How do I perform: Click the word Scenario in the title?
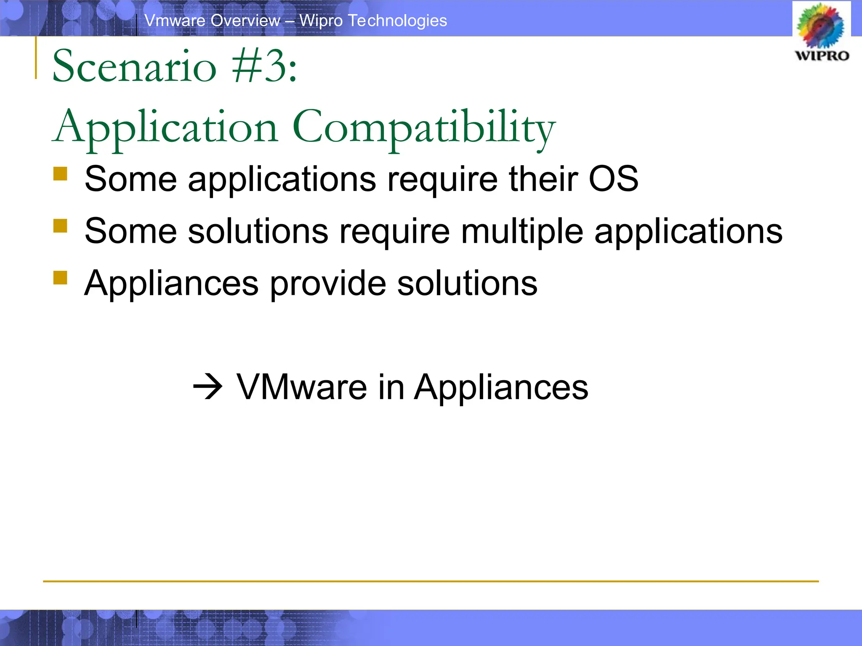coord(134,66)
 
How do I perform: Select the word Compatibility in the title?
coord(424,127)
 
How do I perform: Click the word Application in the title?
coord(165,127)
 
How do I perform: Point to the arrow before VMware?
coord(208,387)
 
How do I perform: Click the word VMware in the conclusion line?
coord(302,387)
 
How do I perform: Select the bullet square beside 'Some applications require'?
coord(61,174)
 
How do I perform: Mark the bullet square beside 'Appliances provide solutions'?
coord(61,278)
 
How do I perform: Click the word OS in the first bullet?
coord(613,179)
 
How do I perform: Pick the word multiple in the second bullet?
coord(522,231)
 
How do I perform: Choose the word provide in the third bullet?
coord(328,283)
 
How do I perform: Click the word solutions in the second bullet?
coord(258,231)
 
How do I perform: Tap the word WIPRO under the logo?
coord(822,56)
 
